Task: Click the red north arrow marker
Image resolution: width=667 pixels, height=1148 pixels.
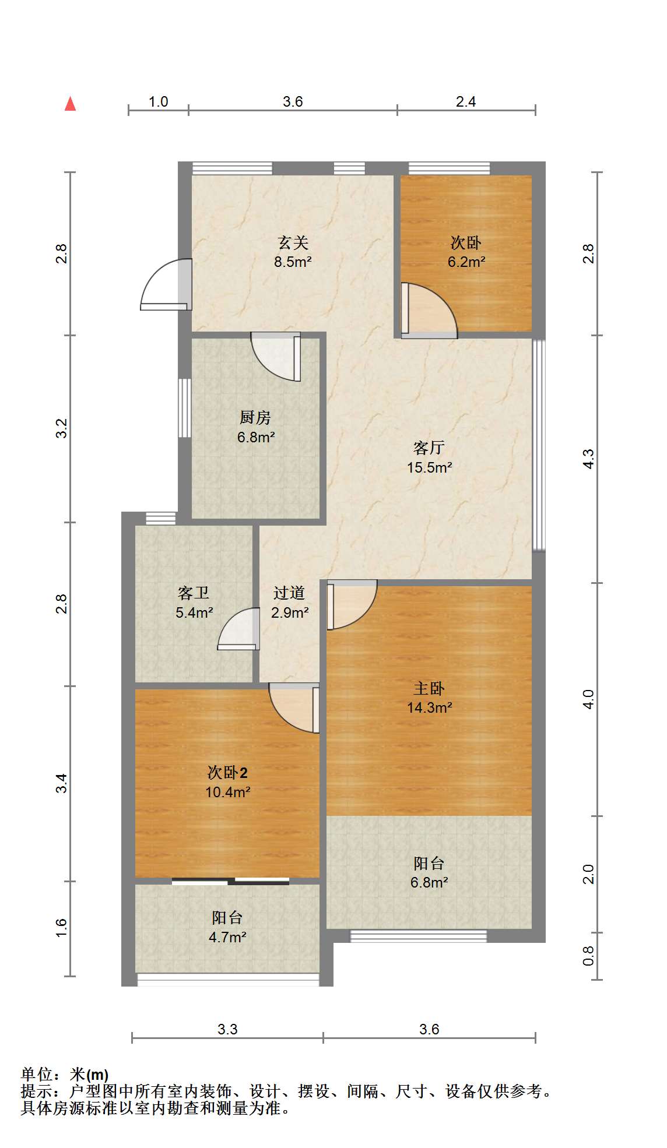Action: (71, 104)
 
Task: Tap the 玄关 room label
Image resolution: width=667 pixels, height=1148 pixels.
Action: (293, 242)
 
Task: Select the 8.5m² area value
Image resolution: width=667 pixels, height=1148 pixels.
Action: (293, 262)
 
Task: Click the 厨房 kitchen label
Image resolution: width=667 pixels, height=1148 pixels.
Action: (255, 417)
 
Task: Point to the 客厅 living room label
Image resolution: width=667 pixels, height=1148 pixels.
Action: (429, 448)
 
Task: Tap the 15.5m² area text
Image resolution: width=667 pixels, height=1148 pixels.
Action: (430, 467)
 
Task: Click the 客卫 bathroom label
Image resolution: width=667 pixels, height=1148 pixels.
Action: (194, 593)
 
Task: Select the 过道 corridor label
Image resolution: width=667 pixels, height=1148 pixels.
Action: (289, 593)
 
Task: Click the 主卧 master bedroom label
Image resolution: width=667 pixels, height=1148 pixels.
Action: (429, 688)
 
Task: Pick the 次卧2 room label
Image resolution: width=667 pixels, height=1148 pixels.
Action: (227, 773)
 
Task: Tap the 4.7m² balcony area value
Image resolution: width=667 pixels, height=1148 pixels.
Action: (227, 937)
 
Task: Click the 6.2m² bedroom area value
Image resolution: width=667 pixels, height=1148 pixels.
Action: (466, 262)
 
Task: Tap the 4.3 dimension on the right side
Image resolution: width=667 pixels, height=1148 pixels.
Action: (588, 459)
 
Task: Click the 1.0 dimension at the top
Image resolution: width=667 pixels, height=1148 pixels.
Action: (158, 101)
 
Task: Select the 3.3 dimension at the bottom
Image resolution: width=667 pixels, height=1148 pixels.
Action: (227, 1029)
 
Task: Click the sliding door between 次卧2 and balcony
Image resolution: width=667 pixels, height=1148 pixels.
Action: (230, 881)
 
